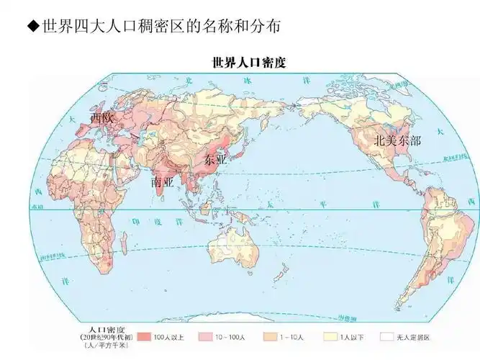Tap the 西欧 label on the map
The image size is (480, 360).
pyautogui.click(x=101, y=117)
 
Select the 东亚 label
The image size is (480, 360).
pyautogui.click(x=215, y=160)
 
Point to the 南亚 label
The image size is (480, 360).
pyautogui.click(x=163, y=182)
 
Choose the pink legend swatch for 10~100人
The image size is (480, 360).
pyautogui.click(x=204, y=336)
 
